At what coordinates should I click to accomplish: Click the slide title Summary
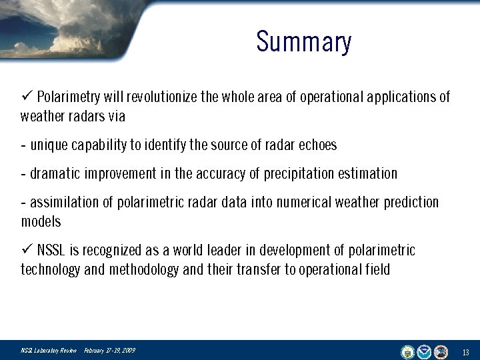pos(303,42)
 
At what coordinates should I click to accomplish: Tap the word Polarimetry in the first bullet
pos(67,97)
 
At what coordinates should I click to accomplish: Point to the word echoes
pos(317,145)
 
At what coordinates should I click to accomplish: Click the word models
pos(41,221)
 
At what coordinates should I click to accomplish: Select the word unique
pos(49,145)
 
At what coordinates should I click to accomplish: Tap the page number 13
pos(465,352)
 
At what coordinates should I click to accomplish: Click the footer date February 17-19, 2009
pos(109,351)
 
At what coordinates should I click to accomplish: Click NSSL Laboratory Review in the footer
pos(49,351)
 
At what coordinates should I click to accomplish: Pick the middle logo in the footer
pos(425,351)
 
